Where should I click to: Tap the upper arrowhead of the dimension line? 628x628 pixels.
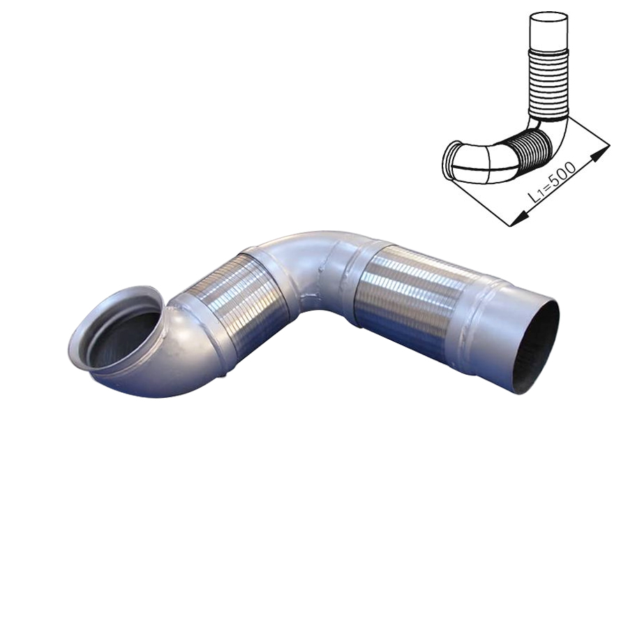[x=600, y=151]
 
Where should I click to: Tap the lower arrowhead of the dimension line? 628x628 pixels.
[x=520, y=218]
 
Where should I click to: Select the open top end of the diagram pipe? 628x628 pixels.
[x=548, y=18]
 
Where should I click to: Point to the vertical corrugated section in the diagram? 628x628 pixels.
[x=548, y=83]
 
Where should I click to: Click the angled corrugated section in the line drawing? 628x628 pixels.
[x=529, y=148]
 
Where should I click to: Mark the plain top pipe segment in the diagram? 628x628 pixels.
[x=548, y=33]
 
